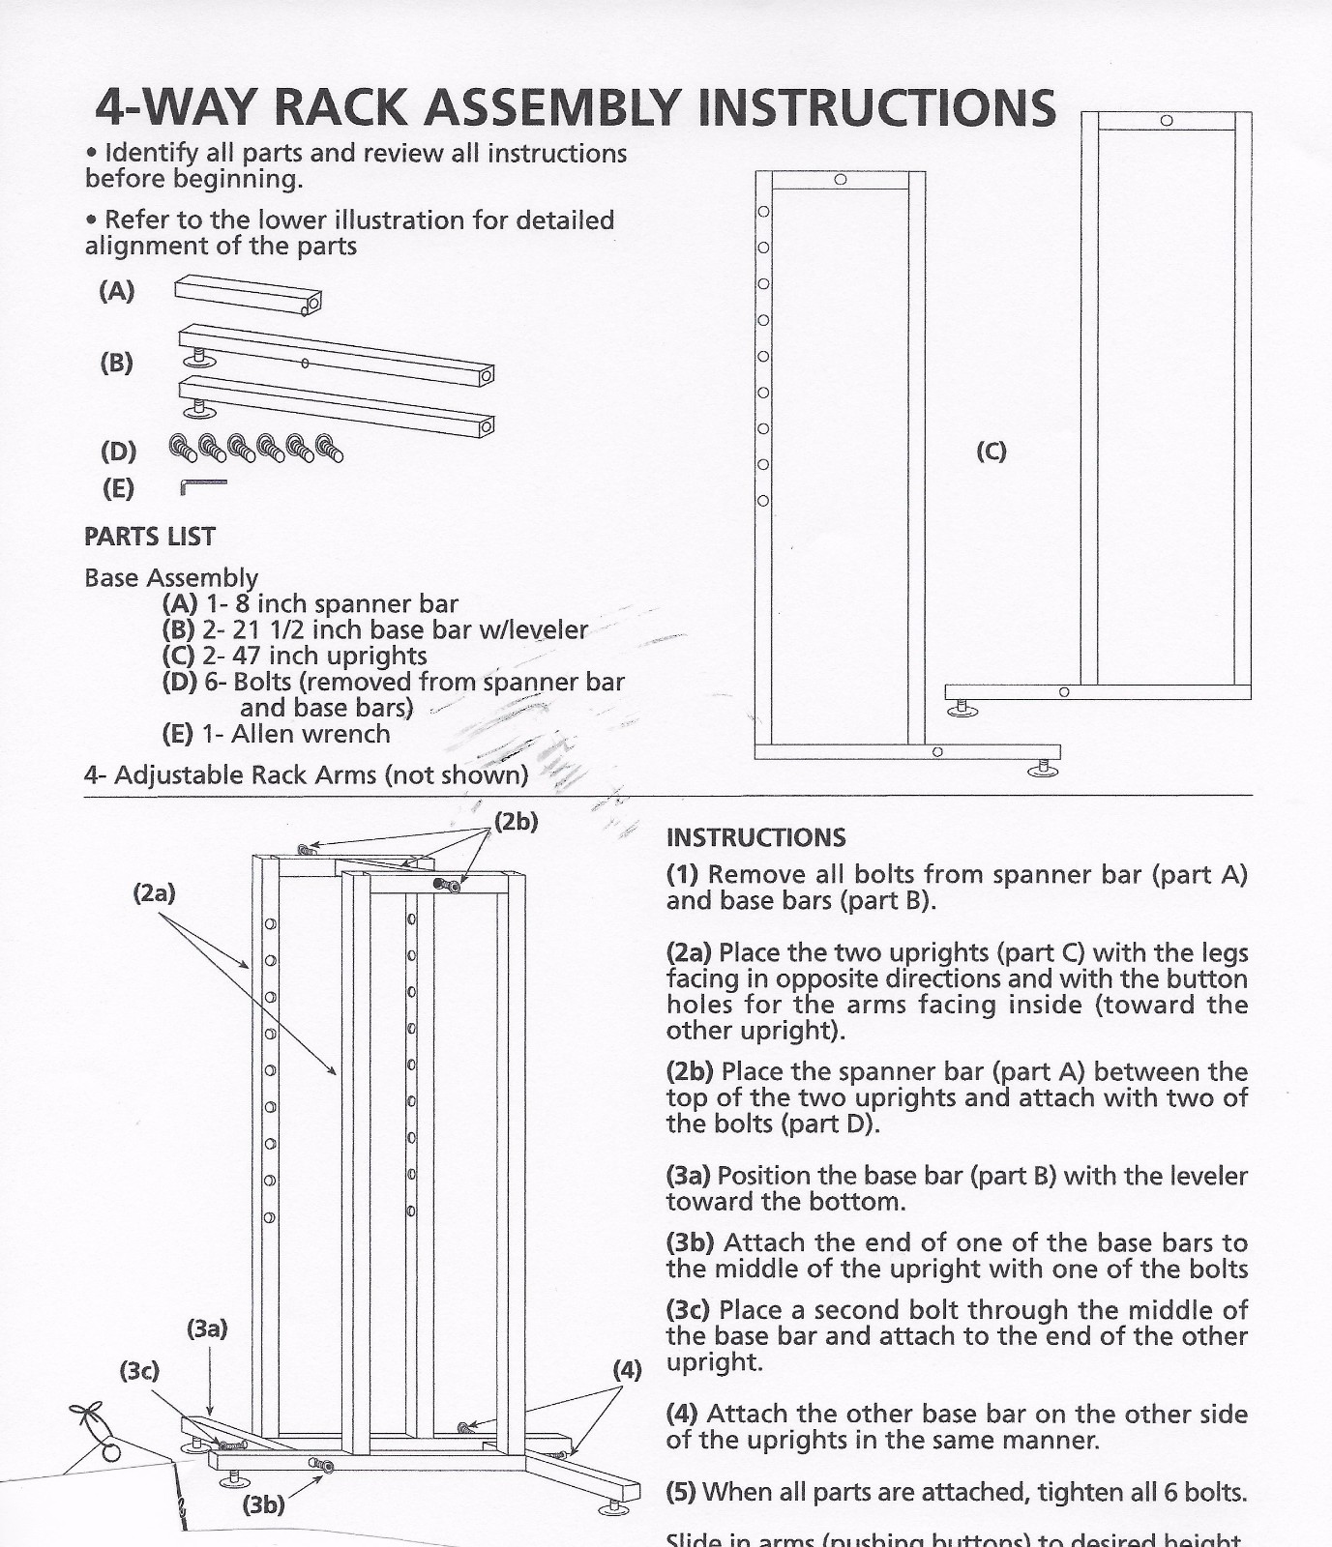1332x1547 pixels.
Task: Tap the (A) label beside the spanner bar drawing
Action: (x=117, y=291)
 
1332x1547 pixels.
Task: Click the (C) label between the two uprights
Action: (x=991, y=451)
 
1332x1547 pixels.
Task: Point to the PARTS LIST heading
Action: (x=150, y=537)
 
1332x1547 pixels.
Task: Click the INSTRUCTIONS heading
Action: (x=755, y=837)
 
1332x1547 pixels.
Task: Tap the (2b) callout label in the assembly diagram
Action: (x=516, y=822)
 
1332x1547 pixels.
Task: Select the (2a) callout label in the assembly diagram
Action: (x=154, y=892)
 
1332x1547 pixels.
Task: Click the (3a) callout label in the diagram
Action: (x=207, y=1328)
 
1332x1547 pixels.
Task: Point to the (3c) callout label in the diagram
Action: (x=139, y=1370)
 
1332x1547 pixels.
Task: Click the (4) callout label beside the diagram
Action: (x=627, y=1369)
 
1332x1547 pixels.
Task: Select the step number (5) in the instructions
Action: (x=681, y=1492)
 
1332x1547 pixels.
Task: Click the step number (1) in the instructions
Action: (x=682, y=875)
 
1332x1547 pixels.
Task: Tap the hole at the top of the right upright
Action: (x=1167, y=121)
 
